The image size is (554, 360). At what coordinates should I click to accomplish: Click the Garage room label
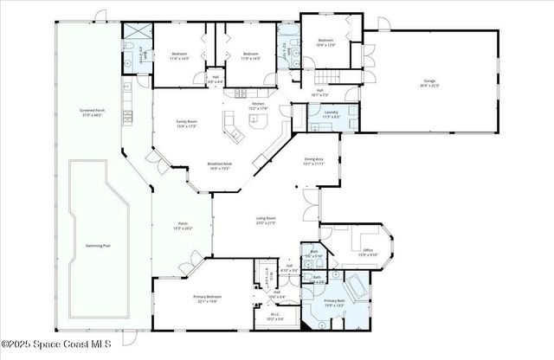[x=429, y=84]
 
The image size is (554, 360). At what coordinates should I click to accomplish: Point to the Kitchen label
[x=258, y=106]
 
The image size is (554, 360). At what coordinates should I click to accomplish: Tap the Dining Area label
[x=313, y=161]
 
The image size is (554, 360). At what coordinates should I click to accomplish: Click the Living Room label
[x=266, y=221]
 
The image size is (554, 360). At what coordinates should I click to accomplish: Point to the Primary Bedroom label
[x=205, y=299]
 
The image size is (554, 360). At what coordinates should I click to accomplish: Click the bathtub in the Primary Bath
[x=355, y=286]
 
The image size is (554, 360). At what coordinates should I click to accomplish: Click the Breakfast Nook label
[x=219, y=166]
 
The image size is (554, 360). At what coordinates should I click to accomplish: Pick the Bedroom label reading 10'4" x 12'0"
[x=325, y=42]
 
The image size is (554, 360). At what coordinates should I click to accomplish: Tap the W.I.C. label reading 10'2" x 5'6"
[x=274, y=318]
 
